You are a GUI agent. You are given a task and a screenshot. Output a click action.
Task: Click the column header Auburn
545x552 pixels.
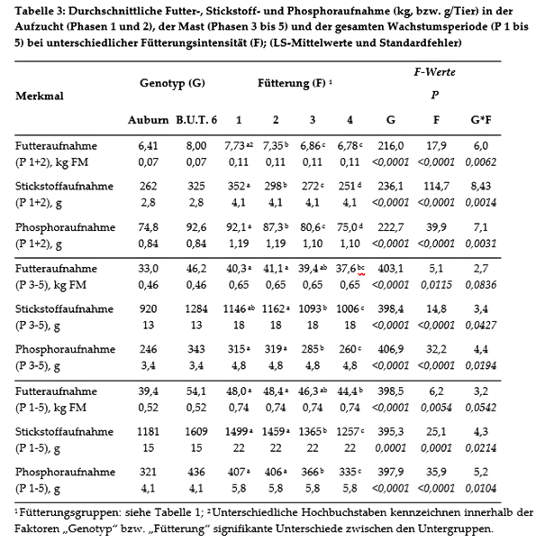147,119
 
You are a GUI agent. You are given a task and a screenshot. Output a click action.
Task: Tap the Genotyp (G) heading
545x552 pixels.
171,83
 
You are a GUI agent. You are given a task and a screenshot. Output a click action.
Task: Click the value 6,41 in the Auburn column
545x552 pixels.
148,145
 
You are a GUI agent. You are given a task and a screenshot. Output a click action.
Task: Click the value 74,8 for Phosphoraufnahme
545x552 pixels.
148,226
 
